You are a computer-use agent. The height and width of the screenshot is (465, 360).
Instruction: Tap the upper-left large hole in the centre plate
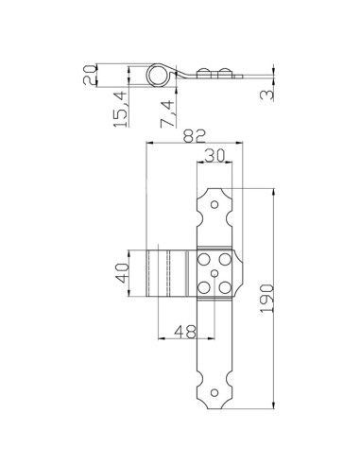coord(207,259)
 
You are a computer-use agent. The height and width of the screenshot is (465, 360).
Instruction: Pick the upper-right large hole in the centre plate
coord(228,259)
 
